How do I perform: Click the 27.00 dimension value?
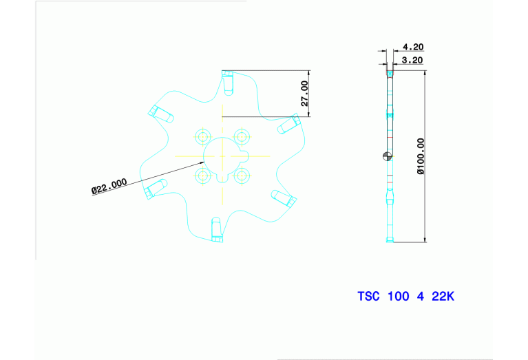[304, 94]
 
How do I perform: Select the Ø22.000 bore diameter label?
[109, 187]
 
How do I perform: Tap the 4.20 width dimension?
[413, 47]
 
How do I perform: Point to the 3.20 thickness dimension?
[412, 61]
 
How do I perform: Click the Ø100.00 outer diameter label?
[421, 156]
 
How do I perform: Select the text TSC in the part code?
[368, 297]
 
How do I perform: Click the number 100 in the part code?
[399, 297]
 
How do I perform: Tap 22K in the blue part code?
[443, 297]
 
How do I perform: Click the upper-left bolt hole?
[202, 137]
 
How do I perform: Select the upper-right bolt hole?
[242, 137]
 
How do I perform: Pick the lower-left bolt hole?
[202, 176]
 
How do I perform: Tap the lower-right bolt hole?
[242, 176]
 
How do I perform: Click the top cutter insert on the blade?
[228, 83]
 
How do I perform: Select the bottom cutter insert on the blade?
[217, 230]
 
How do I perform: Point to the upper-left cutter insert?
[160, 114]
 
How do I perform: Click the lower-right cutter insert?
[284, 198]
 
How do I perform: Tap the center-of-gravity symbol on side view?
[388, 156]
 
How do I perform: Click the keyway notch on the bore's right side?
[245, 156]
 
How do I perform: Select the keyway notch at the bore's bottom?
[222, 179]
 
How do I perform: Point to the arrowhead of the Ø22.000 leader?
[201, 163]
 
